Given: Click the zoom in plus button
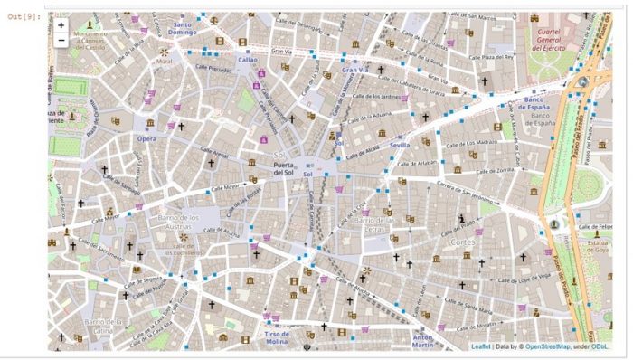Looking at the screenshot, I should (61, 25).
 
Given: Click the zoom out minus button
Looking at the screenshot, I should (61, 40).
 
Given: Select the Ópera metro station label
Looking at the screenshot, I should (146, 138).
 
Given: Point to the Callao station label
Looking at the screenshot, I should (248, 60).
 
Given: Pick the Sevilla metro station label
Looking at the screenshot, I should (400, 145).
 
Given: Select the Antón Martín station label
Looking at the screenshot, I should (423, 341).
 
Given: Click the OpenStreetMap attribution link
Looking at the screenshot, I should (547, 346).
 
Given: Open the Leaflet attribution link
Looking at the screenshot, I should (482, 346).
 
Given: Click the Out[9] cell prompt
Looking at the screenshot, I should (24, 16).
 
